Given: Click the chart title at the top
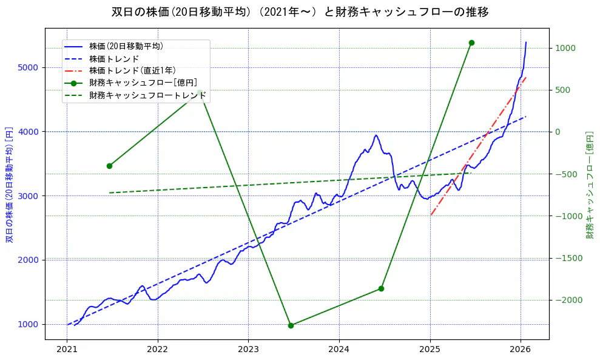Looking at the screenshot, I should click(x=300, y=12).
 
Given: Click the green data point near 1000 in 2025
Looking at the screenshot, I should click(x=471, y=42).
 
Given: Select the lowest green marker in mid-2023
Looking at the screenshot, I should click(x=291, y=325).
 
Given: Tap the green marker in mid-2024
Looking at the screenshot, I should click(x=381, y=288).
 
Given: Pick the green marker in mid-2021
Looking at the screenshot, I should click(x=109, y=166).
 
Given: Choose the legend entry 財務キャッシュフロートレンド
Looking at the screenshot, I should click(x=147, y=95).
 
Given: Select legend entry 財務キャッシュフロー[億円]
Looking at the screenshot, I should click(x=143, y=83).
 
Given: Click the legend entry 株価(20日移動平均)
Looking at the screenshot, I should click(x=126, y=46).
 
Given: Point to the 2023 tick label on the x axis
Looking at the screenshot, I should click(x=248, y=350).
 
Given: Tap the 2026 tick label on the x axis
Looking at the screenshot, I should click(x=521, y=350).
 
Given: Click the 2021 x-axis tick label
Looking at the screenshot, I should click(x=67, y=350).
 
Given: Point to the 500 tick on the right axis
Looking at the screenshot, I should click(x=565, y=90).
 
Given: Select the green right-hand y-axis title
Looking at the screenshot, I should click(x=589, y=184).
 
